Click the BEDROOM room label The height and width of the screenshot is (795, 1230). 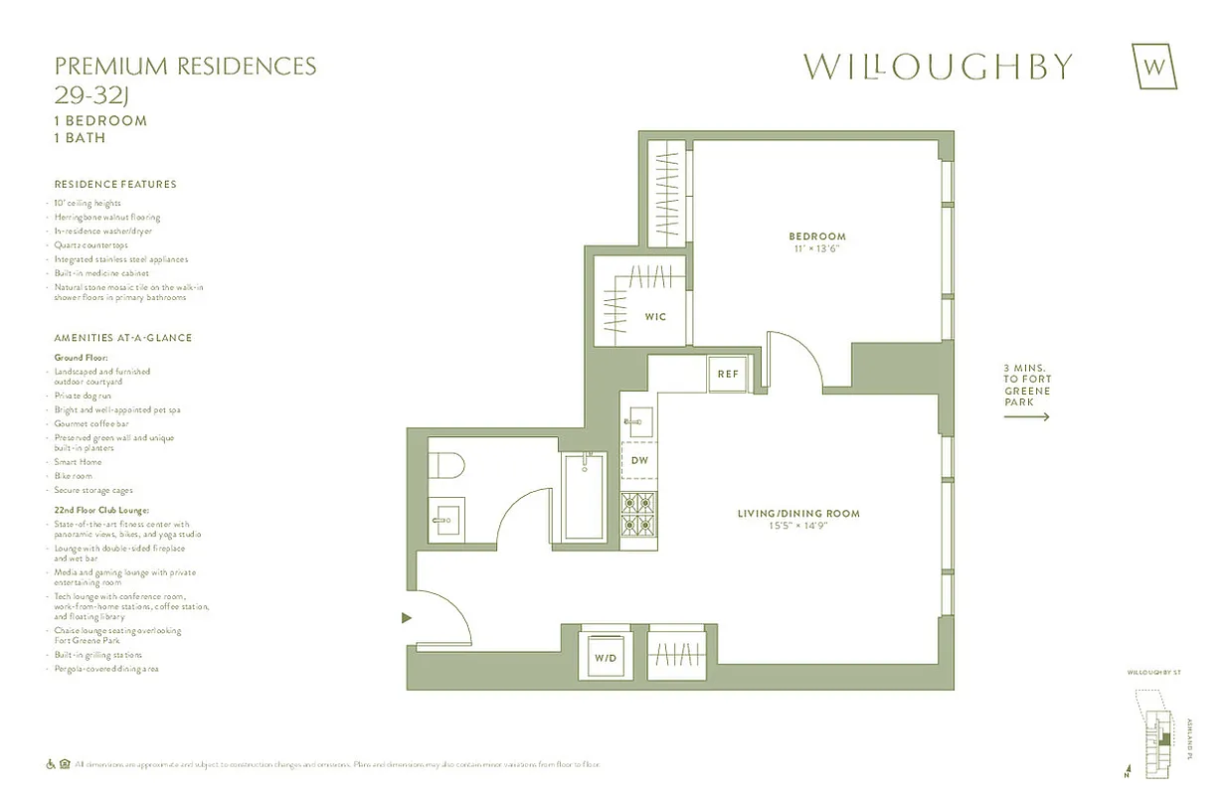click(x=816, y=237)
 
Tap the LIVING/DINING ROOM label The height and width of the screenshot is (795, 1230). click(x=797, y=514)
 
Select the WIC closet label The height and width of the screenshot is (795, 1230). click(x=654, y=317)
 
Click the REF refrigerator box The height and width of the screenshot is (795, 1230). click(x=728, y=375)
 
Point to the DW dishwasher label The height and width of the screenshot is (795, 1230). click(x=639, y=460)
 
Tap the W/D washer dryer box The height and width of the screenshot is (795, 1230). click(x=606, y=657)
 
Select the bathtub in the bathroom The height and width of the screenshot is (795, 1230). click(x=584, y=497)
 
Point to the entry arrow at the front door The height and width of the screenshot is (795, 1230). click(x=406, y=618)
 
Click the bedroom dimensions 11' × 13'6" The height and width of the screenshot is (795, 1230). click(x=816, y=248)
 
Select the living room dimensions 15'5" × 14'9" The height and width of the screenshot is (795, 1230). click(x=797, y=526)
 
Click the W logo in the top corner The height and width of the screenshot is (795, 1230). click(x=1154, y=67)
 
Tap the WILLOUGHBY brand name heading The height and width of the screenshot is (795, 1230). click(x=938, y=67)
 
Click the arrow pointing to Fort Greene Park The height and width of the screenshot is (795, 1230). click(x=1026, y=417)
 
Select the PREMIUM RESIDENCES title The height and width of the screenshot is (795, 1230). click(x=185, y=67)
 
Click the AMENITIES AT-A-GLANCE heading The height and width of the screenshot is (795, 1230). click(x=123, y=338)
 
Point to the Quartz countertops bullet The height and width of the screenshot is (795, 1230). click(x=91, y=244)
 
